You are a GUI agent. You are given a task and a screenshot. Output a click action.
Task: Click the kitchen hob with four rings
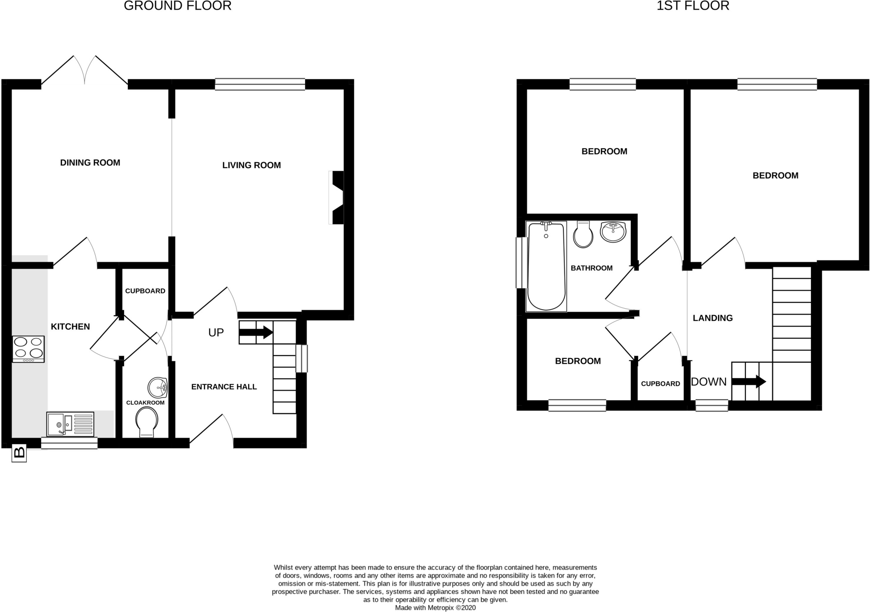point(28,349)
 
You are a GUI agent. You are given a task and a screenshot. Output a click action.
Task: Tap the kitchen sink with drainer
point(70,423)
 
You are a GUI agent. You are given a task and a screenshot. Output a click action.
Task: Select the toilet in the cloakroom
point(147,422)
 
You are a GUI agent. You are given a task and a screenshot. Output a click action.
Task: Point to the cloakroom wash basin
point(158,387)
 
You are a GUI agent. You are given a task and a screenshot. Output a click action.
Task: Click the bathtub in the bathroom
point(546,266)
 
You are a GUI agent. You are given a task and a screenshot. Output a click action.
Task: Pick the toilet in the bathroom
point(583,234)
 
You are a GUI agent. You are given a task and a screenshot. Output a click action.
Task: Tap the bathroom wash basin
point(613,232)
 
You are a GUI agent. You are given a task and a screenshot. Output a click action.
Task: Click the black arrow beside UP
point(256,332)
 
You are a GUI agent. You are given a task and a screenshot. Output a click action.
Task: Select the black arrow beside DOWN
point(749,381)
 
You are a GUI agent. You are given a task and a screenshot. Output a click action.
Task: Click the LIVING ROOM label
point(251,165)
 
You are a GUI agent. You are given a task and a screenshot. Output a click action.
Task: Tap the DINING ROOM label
point(90,163)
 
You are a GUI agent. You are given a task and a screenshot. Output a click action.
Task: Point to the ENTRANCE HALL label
point(224,386)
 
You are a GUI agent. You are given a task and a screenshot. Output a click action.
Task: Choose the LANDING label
point(712,318)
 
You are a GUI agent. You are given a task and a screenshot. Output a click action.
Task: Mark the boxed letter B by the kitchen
point(19,453)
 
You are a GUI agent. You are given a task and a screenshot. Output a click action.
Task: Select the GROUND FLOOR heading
point(178,6)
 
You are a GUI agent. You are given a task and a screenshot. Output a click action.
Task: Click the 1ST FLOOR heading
point(693,6)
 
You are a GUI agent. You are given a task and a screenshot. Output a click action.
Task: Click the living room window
point(260,84)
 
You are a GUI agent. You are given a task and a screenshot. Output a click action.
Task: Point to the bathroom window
point(519,262)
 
